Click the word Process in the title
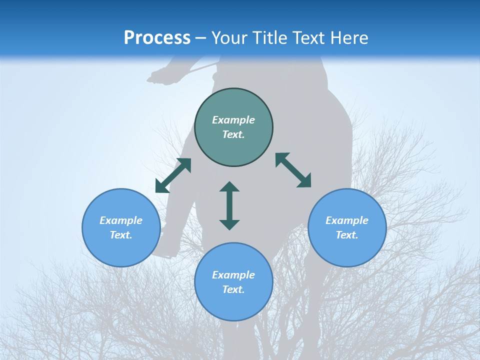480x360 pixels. click(x=157, y=38)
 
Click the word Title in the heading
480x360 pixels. click(x=268, y=38)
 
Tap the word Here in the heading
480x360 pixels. click(x=349, y=38)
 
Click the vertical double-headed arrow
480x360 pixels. click(x=229, y=205)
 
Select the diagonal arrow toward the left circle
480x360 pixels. click(x=173, y=175)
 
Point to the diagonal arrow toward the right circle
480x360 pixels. click(x=293, y=170)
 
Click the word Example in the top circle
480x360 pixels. click(x=233, y=120)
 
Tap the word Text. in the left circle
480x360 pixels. click(x=121, y=235)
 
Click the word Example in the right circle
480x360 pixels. click(x=347, y=220)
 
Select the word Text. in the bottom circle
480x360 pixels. click(x=233, y=289)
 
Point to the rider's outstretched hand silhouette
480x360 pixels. click(x=159, y=76)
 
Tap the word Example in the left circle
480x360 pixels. click(x=121, y=220)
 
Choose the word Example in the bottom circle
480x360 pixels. click(x=233, y=275)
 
